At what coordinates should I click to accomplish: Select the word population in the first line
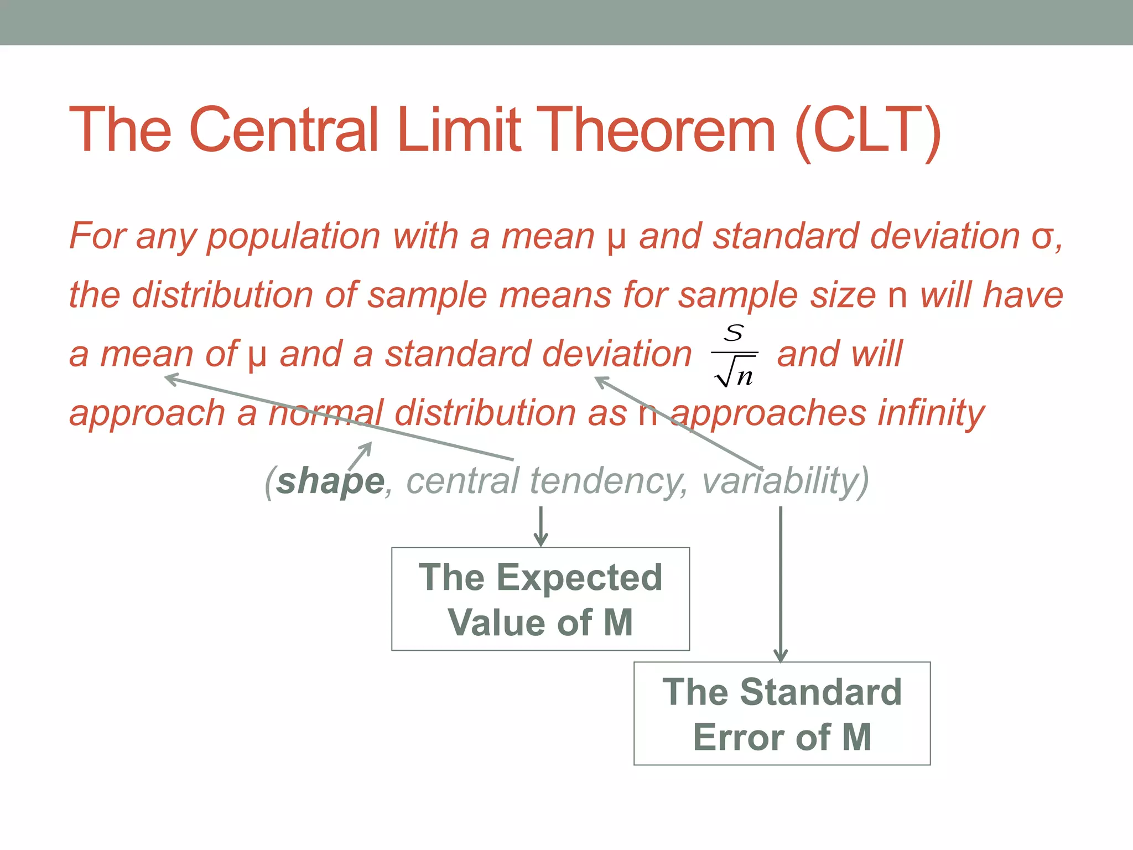(x=293, y=237)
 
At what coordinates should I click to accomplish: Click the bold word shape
(x=330, y=481)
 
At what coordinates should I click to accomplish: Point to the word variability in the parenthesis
(x=780, y=481)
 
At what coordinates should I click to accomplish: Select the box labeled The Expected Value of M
(x=540, y=599)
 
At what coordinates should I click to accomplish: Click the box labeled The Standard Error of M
(x=782, y=713)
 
